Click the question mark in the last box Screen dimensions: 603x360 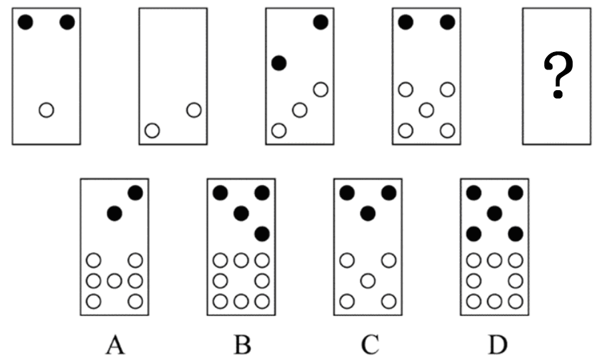tap(558, 75)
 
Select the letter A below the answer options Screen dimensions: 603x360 tap(115, 344)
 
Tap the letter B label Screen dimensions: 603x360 tap(242, 344)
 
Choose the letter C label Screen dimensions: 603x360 tap(370, 344)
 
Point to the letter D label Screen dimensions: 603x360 tap(497, 344)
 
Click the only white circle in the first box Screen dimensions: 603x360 tap(47, 110)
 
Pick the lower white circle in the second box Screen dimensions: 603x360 tap(152, 131)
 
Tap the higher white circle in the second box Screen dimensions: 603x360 tap(194, 110)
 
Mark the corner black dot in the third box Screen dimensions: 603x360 tap(321, 22)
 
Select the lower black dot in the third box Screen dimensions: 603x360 tap(279, 63)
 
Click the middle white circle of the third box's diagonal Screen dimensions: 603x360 tap(300, 110)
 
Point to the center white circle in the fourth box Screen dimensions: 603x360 tap(427, 110)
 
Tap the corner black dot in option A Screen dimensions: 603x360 tap(136, 193)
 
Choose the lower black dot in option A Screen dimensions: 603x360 tap(115, 213)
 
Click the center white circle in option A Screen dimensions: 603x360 tap(115, 281)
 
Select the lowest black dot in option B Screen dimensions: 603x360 tap(262, 234)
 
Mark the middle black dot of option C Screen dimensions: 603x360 tap(368, 213)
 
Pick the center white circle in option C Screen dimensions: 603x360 tap(368, 281)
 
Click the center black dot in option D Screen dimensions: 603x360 tap(495, 213)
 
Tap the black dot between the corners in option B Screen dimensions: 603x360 tap(241, 213)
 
